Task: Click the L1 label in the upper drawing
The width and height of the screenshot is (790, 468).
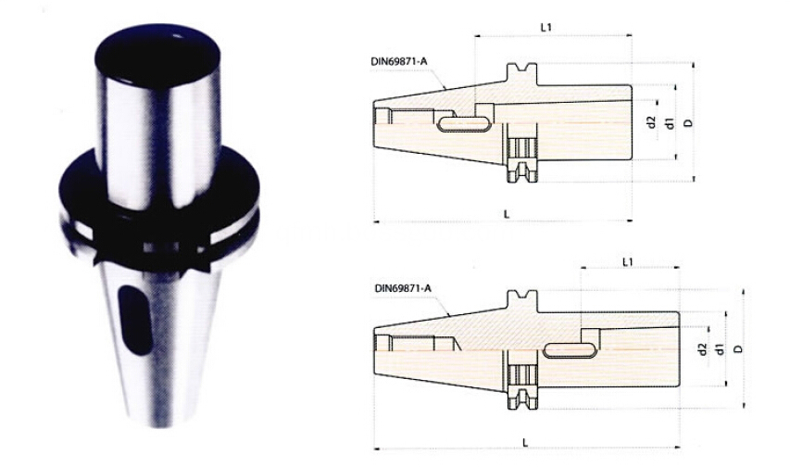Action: pos(545,28)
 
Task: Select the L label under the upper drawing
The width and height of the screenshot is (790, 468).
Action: pos(506,213)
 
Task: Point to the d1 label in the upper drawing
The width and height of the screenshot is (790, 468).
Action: pos(669,122)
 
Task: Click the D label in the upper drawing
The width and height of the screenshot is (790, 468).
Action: pos(688,122)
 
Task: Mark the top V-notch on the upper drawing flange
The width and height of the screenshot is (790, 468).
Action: pos(521,70)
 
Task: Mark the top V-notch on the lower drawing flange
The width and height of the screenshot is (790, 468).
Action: pos(521,296)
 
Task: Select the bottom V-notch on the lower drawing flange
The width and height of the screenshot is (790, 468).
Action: pos(521,403)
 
